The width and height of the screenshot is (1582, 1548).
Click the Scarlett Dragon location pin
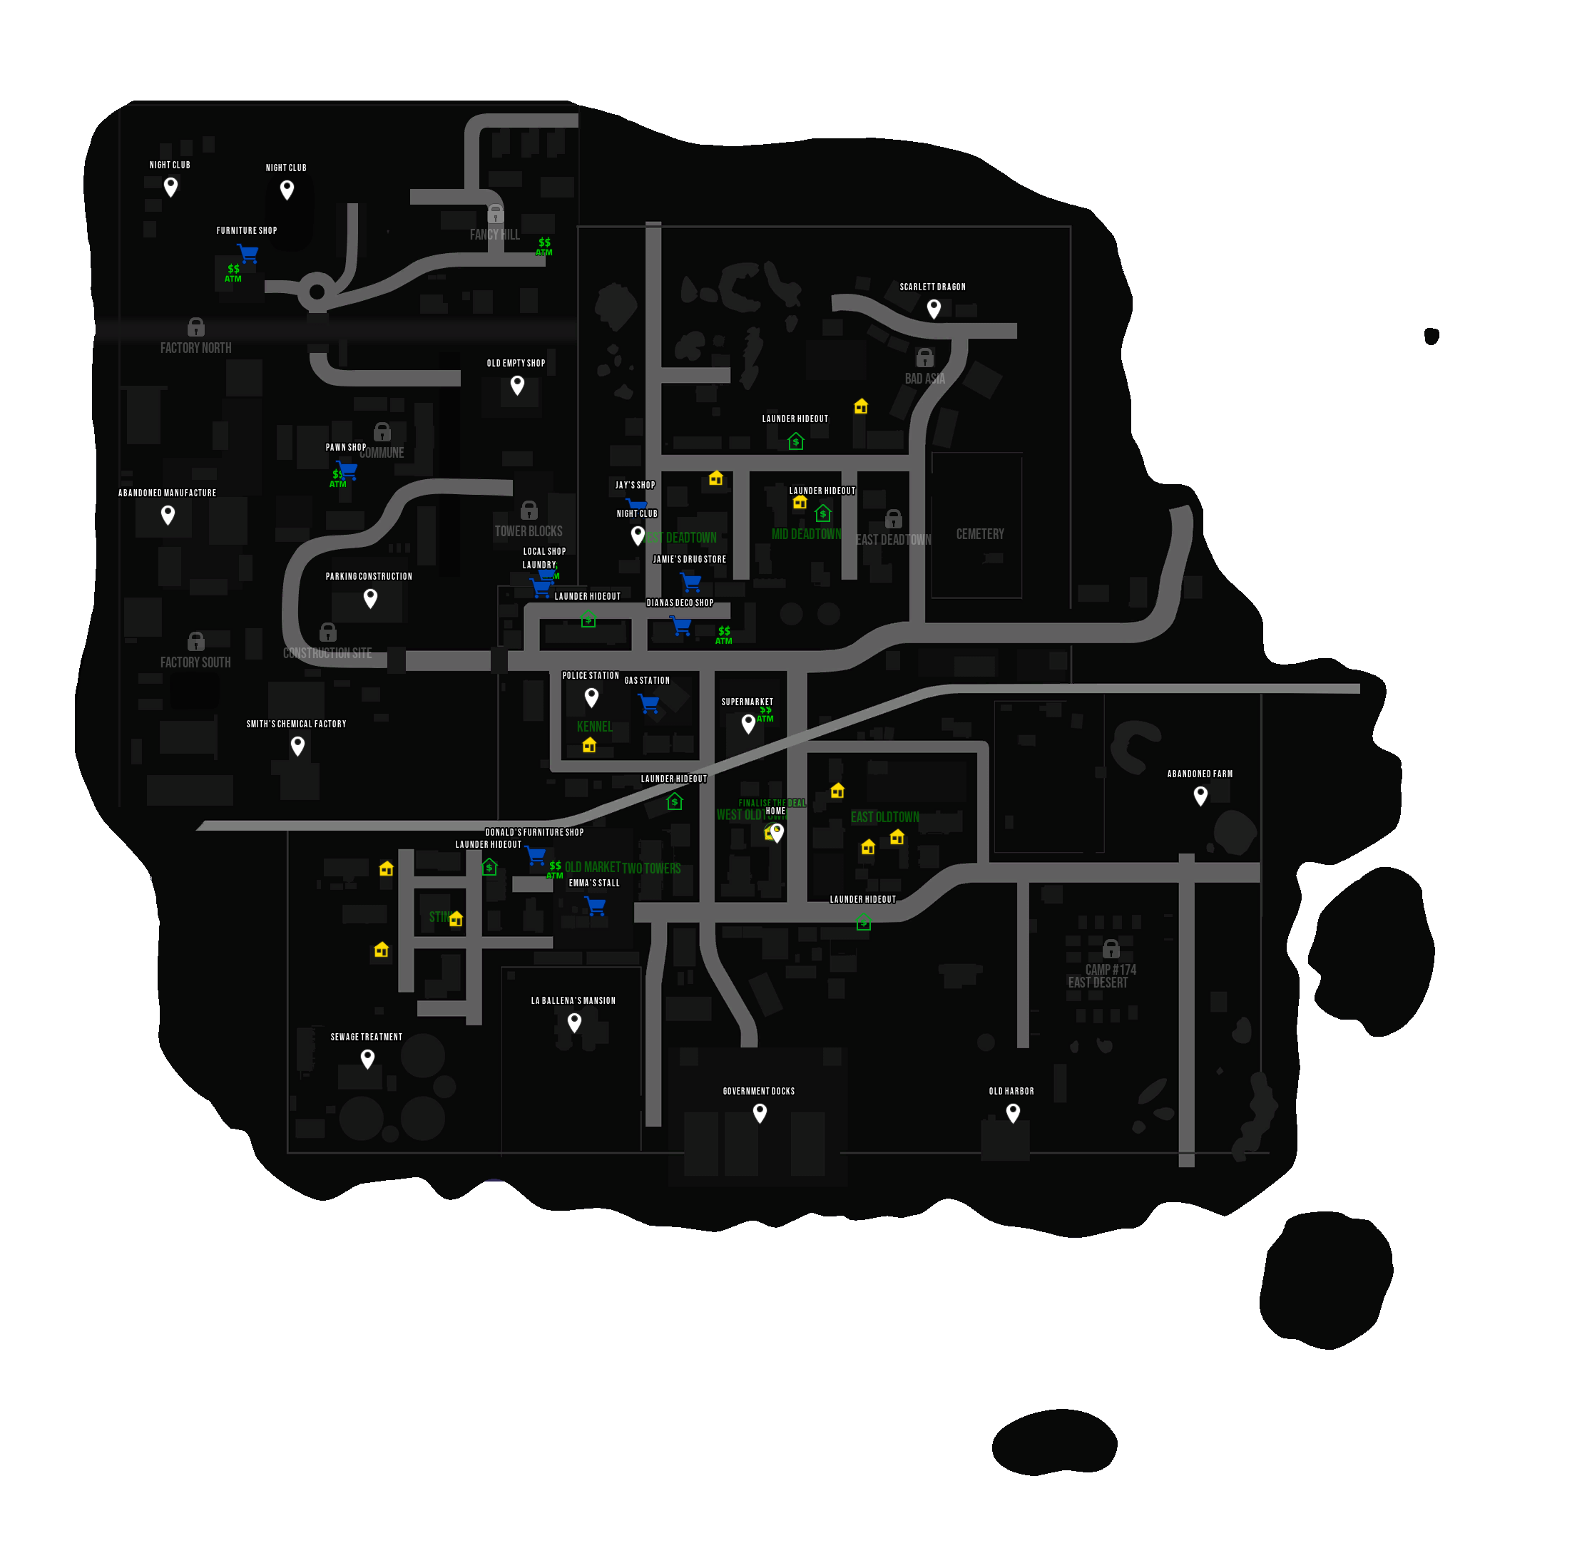(x=934, y=307)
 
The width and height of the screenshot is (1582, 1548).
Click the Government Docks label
(x=758, y=1091)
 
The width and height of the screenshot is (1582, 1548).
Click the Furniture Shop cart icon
(x=248, y=253)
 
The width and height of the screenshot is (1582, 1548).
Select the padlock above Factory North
(x=196, y=327)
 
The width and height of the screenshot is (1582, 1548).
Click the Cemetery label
(x=979, y=534)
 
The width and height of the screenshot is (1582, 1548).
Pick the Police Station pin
(x=591, y=696)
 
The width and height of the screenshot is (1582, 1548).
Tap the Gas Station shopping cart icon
(x=648, y=702)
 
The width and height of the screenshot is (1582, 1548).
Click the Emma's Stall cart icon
(x=596, y=905)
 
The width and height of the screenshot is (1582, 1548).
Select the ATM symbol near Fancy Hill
(x=544, y=246)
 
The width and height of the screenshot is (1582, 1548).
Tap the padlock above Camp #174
(x=1111, y=948)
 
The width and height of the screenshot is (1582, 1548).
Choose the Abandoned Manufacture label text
(x=167, y=493)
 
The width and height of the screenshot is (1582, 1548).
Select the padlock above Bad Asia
(x=925, y=358)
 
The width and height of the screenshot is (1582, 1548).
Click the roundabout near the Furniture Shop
(x=317, y=292)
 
